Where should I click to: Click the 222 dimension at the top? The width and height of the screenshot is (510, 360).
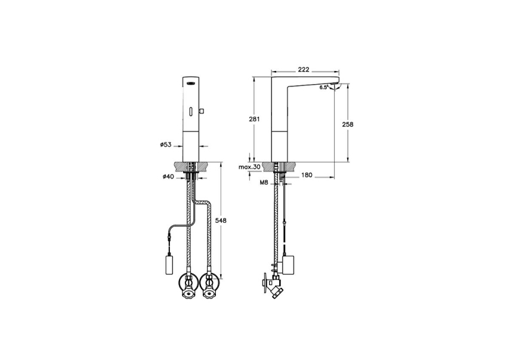[x=303, y=70]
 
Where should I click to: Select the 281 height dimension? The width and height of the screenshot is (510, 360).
[x=255, y=119]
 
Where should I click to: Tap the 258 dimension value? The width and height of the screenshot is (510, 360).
[x=348, y=124]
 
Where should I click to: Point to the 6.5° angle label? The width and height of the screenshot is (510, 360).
[x=323, y=88]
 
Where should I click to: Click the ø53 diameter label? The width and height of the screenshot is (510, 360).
[x=166, y=144]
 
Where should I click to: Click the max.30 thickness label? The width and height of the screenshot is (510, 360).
[x=249, y=167]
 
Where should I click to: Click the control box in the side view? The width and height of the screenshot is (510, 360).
[x=291, y=263]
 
